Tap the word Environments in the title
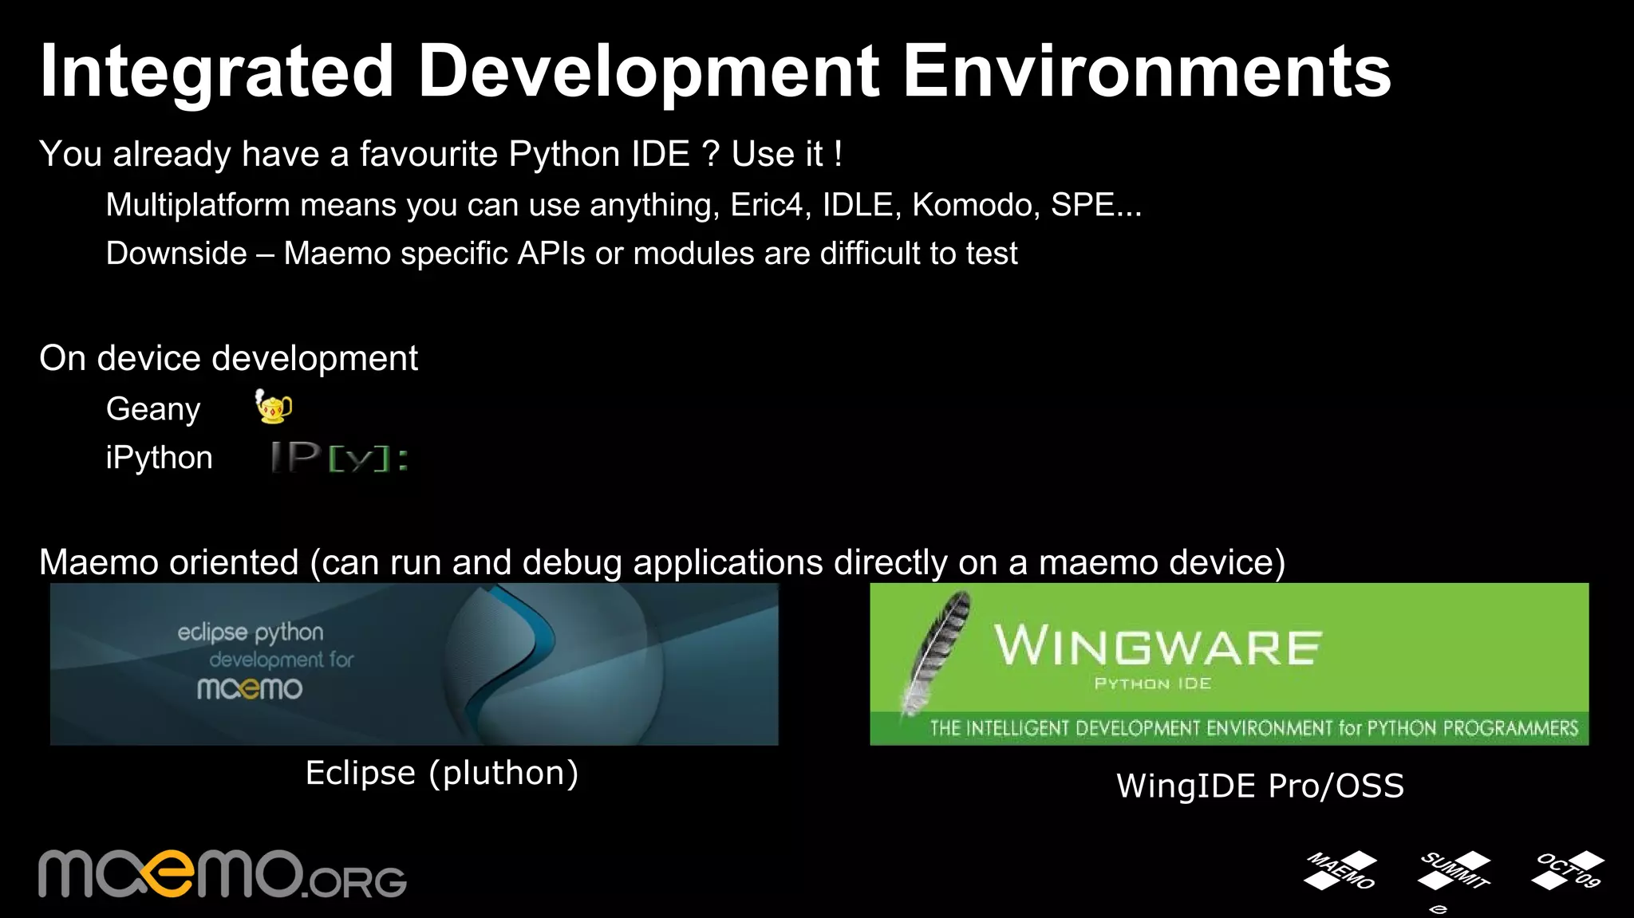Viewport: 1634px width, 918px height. (1146, 72)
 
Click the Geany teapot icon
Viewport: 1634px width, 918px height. (273, 407)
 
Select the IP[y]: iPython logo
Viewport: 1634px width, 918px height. (340, 457)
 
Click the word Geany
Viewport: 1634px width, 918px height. (153, 409)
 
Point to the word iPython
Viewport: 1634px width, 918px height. (159, 459)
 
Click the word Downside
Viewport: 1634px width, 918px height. (176, 254)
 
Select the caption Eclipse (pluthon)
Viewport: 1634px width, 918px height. (442, 773)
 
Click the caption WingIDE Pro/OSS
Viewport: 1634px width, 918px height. (1260, 786)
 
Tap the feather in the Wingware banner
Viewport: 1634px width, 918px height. (937, 651)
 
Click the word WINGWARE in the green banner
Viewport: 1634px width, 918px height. (1157, 646)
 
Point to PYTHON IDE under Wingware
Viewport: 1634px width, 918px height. (1153, 684)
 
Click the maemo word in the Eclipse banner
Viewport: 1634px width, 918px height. (250, 688)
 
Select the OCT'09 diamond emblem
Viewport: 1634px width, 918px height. (1568, 870)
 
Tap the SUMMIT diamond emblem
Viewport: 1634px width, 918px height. (1454, 871)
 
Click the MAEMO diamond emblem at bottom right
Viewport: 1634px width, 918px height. (1340, 870)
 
